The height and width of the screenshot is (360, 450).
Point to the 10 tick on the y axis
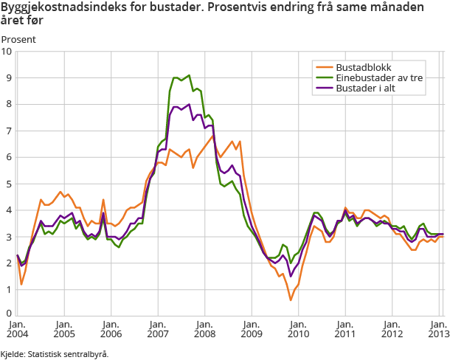(x=7, y=52)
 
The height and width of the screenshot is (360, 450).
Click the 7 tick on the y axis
(x=8, y=131)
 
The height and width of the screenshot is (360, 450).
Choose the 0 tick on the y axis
(x=8, y=316)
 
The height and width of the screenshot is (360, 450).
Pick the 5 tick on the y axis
(x=8, y=184)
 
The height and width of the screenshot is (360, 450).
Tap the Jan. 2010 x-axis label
(x=297, y=329)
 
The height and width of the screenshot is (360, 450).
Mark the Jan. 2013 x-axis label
(x=437, y=329)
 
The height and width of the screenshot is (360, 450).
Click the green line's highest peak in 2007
(x=190, y=75)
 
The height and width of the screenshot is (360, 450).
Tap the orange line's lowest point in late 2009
(x=291, y=300)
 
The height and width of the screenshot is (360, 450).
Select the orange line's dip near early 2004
(x=21, y=284)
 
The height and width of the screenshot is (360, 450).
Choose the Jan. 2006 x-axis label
(x=110, y=329)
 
